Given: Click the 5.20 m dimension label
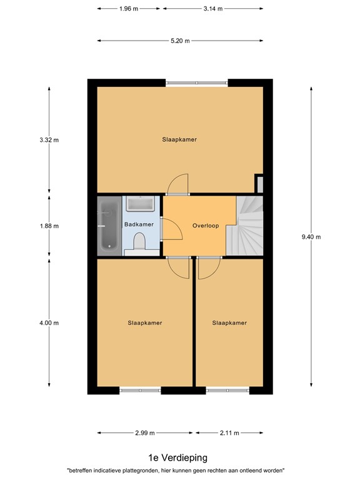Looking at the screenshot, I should (x=180, y=41).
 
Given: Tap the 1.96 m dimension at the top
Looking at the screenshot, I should (x=129, y=9).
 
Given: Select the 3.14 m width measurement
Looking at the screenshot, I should (x=213, y=9).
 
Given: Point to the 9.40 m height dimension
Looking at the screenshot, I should (x=311, y=237).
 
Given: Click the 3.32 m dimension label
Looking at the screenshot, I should (x=49, y=140).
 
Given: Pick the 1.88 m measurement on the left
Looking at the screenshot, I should (x=49, y=226).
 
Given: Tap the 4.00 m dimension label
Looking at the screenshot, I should (x=49, y=323).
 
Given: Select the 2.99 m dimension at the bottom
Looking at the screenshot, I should (x=145, y=432).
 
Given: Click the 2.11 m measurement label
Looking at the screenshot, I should (x=229, y=432).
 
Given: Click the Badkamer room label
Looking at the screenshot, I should (x=139, y=224).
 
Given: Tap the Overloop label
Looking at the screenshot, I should (x=206, y=226).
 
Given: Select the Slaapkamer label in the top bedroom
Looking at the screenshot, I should (x=179, y=139).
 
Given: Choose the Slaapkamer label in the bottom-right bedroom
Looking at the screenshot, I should (x=229, y=323).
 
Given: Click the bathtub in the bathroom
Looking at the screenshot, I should (x=109, y=226).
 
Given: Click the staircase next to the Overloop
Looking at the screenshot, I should (x=249, y=225).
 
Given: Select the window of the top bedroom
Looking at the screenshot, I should (x=196, y=82).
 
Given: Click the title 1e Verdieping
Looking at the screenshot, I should (x=177, y=458).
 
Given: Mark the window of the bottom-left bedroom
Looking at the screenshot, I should (x=140, y=391).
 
